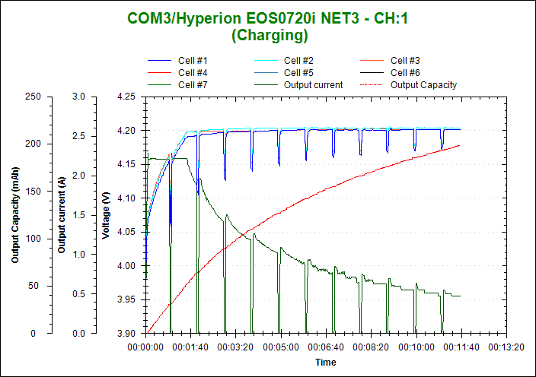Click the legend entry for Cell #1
pyautogui.click(x=193, y=61)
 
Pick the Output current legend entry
pyautogui.click(x=313, y=85)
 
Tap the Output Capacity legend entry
pyautogui.click(x=423, y=85)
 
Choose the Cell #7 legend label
pyautogui.click(x=193, y=85)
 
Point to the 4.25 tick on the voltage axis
pyautogui.click(x=126, y=97)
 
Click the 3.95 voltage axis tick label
pyautogui.click(x=126, y=299)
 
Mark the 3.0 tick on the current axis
pyautogui.click(x=78, y=97)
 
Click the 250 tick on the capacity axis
pyautogui.click(x=33, y=97)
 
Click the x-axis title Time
pyautogui.click(x=326, y=363)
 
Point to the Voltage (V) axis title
pyautogui.click(x=107, y=214)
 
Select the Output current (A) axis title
pyautogui.click(x=62, y=214)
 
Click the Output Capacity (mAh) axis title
pyautogui.click(x=15, y=214)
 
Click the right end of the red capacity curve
pyautogui.click(x=460, y=145)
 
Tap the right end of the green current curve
pyautogui.click(x=460, y=296)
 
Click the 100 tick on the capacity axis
pyautogui.click(x=33, y=239)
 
